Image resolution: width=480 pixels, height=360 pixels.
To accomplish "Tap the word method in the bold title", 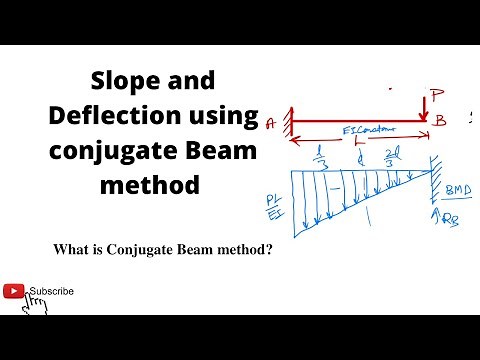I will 152,186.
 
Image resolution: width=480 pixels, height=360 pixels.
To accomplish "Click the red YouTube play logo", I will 14,291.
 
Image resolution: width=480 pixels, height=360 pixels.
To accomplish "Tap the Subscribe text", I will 51,291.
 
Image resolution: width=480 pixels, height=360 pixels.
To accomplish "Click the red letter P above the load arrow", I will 435,97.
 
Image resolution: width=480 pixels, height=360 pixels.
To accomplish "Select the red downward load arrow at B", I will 424,107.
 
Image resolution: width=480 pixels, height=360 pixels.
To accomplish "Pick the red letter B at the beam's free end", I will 440,121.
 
